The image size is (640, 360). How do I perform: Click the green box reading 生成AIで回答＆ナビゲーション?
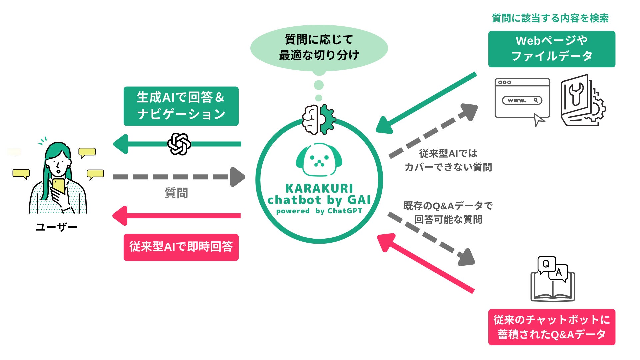[x=181, y=106]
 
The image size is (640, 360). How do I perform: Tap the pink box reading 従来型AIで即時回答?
[x=181, y=247]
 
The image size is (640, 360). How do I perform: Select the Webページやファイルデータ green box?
[x=552, y=49]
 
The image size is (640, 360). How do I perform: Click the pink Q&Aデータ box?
[x=552, y=327]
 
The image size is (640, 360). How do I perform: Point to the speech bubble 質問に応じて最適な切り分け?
[x=319, y=48]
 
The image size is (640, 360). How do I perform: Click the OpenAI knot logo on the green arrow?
[x=179, y=144]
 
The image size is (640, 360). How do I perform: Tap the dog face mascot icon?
[x=319, y=160]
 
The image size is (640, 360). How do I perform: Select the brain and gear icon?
[x=319, y=119]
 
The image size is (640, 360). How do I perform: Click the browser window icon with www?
[x=522, y=99]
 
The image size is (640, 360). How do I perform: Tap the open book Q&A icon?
[x=553, y=280]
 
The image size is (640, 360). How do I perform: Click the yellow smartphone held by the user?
[x=59, y=186]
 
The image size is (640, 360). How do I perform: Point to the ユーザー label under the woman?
[x=57, y=227]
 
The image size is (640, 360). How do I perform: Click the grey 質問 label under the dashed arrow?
[x=176, y=193]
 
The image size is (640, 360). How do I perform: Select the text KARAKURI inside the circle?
[x=319, y=188]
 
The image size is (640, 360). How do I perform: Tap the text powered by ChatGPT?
[x=319, y=211]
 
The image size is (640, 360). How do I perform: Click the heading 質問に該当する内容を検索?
[x=550, y=18]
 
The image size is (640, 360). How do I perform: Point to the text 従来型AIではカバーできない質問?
[x=448, y=160]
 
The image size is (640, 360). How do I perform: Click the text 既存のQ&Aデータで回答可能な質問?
[x=448, y=213]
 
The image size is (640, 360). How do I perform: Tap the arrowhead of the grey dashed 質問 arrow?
[x=237, y=177]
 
